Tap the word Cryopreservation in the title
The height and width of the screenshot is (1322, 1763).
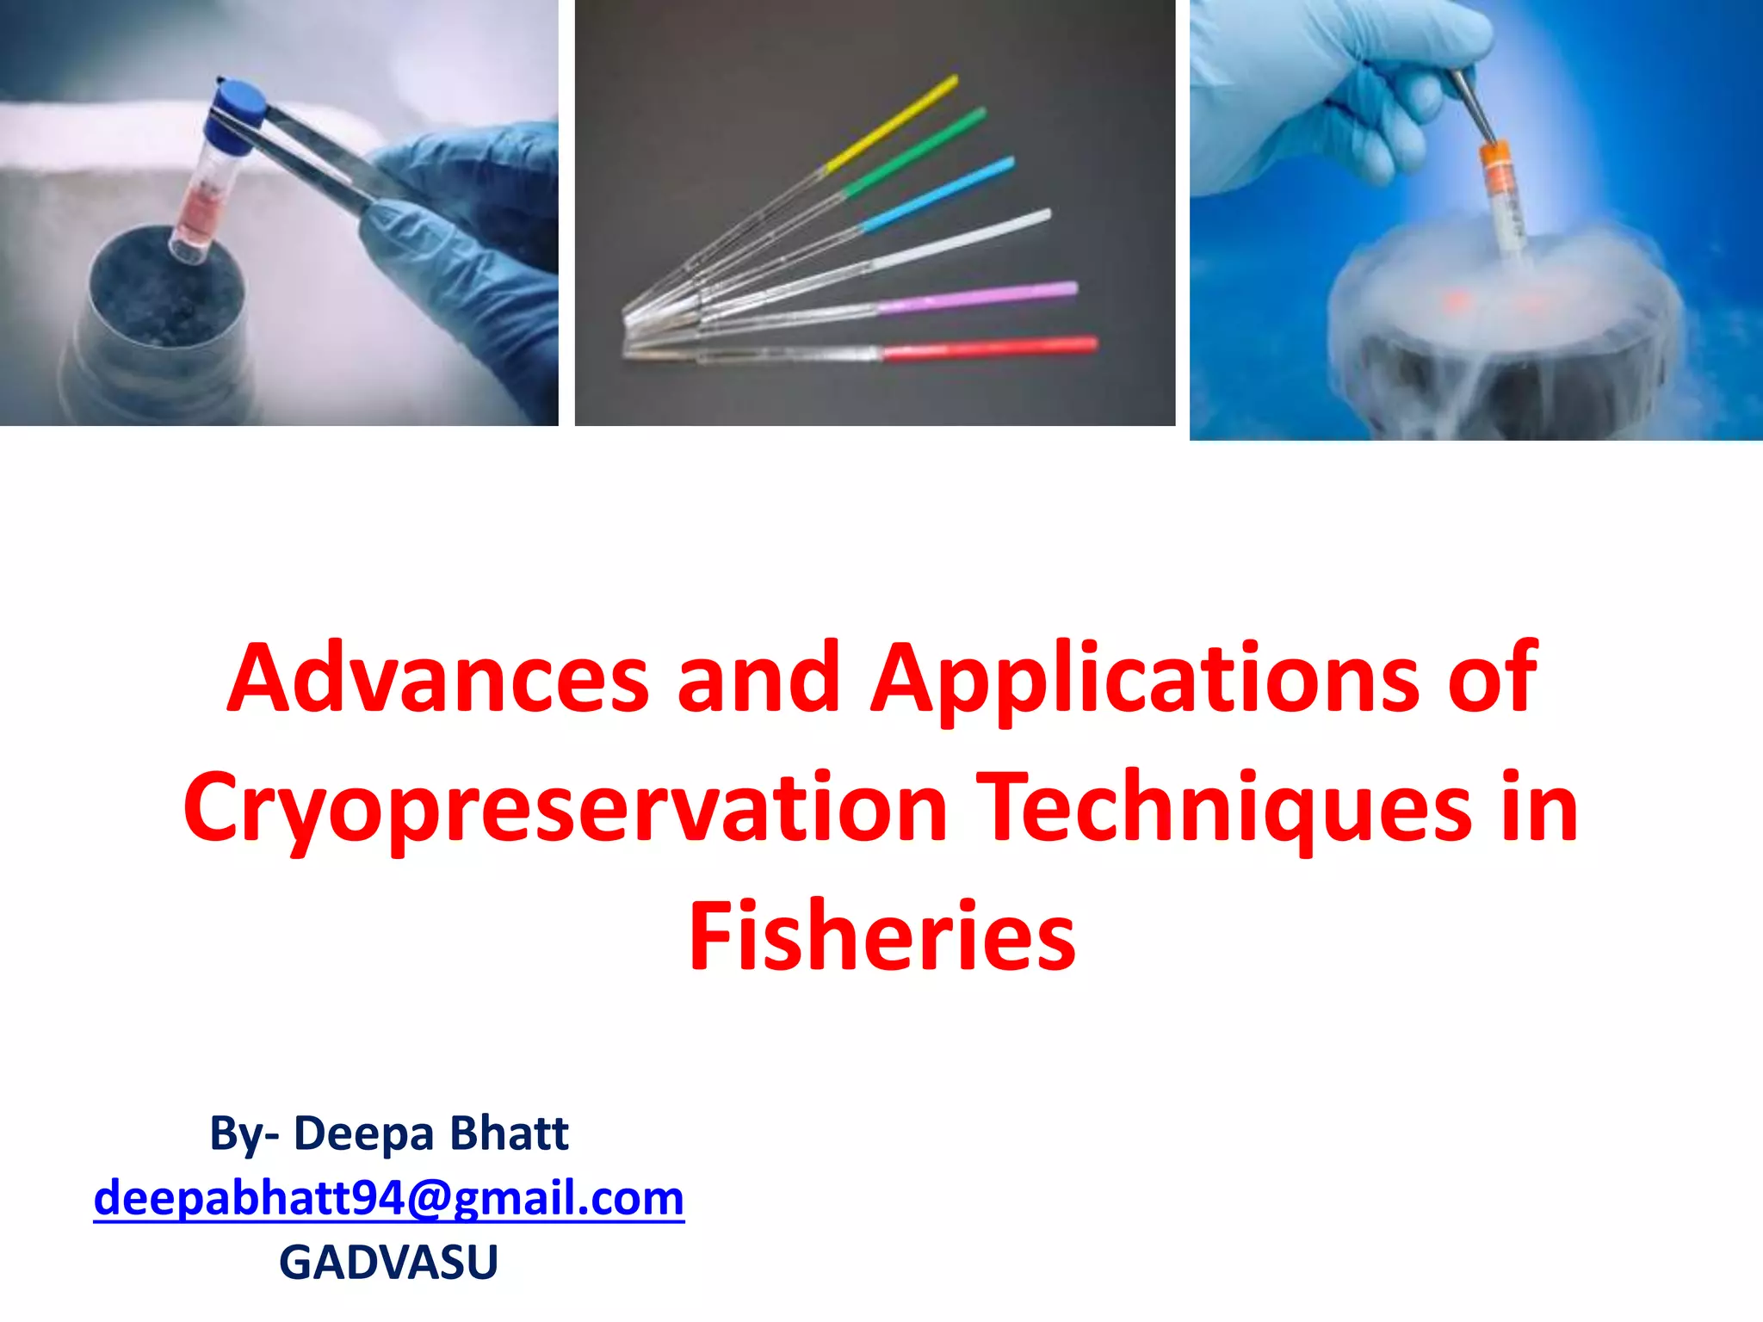tap(565, 809)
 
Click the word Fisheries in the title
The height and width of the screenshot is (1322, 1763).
tap(881, 936)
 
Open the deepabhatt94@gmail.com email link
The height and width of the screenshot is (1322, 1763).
tap(388, 1198)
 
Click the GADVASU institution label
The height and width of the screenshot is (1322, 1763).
tap(388, 1262)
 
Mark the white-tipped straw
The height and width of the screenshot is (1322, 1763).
tap(964, 238)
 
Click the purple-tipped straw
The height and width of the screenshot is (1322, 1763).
tap(977, 297)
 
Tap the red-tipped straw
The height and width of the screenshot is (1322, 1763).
tap(990, 348)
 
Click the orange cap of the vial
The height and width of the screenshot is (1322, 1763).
tap(1499, 167)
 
